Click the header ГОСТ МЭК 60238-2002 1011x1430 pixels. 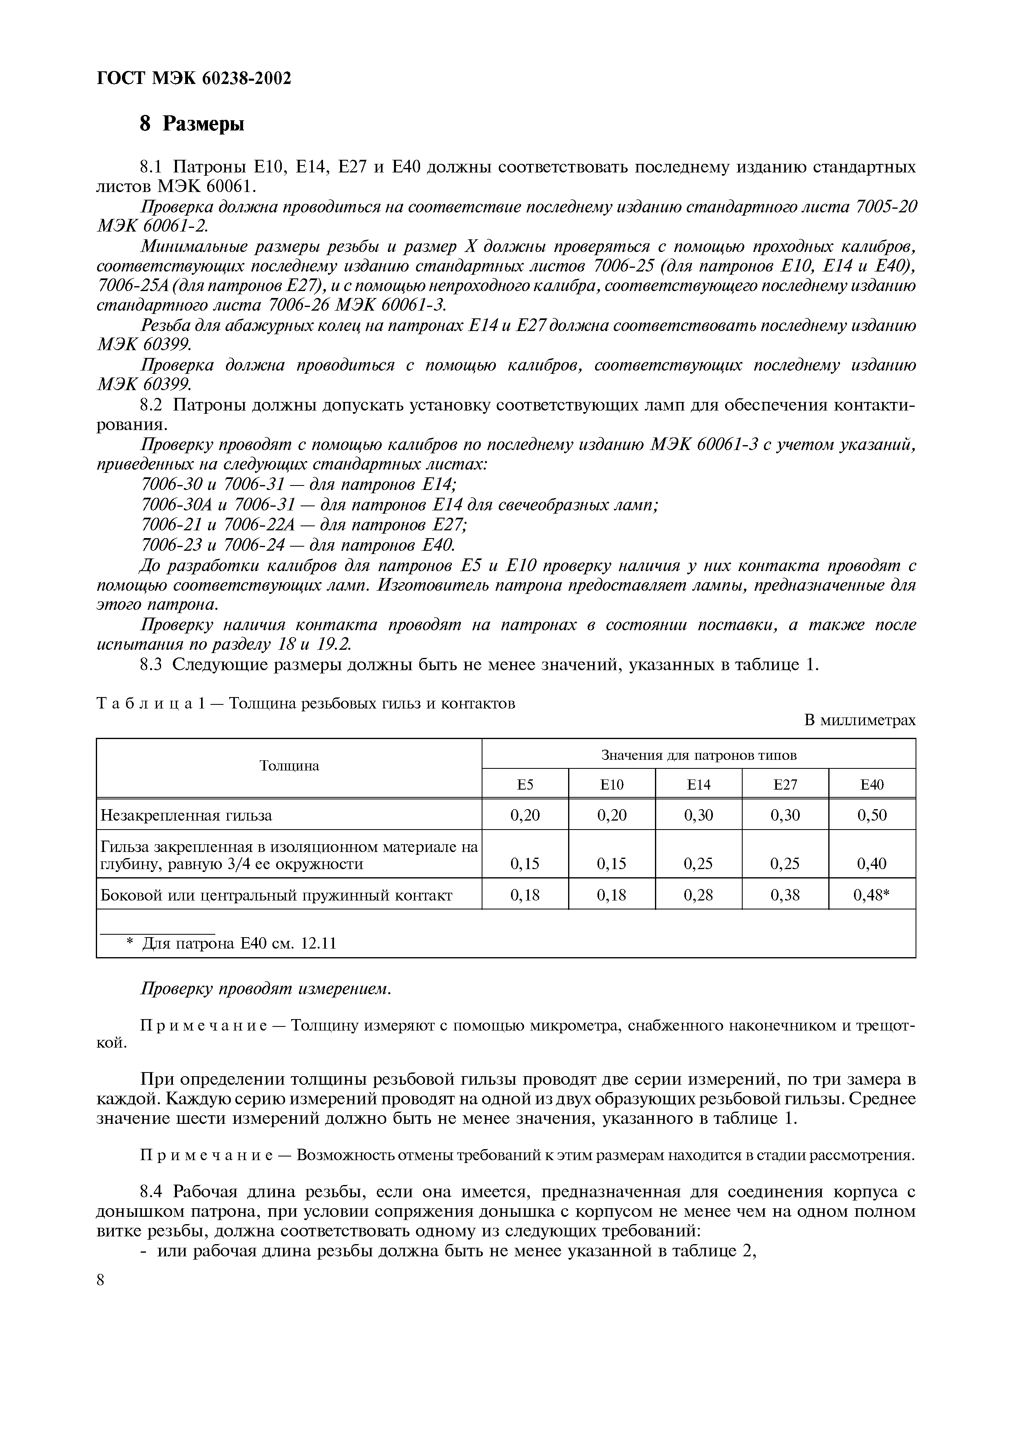[195, 79]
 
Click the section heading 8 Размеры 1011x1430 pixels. [192, 124]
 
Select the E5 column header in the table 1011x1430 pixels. [525, 785]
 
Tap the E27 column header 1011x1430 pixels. [785, 785]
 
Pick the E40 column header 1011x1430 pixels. [872, 785]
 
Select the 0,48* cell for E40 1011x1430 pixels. [872, 895]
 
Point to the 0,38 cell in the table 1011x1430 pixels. [785, 895]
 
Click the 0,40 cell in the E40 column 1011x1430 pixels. [872, 863]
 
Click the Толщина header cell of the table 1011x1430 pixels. [289, 766]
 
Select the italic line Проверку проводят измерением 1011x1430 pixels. [266, 989]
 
